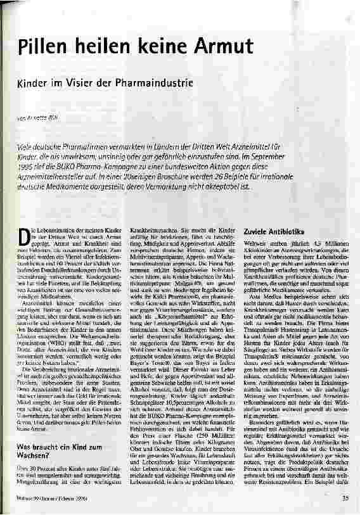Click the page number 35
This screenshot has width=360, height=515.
tap(346, 497)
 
